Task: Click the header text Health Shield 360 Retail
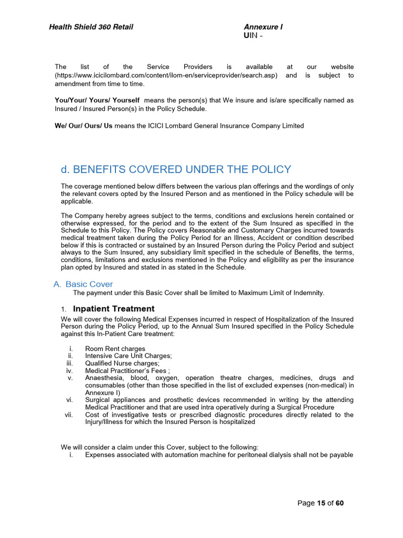[x=91, y=27]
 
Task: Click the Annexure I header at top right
[x=263, y=27]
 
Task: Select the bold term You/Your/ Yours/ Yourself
[x=97, y=100]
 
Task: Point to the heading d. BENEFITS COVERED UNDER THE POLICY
[x=176, y=169]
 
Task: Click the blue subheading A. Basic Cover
[x=83, y=284]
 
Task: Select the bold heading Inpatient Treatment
[x=114, y=308]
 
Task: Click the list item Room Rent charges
[x=115, y=348]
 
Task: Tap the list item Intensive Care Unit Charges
[x=128, y=356]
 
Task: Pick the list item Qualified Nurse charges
[x=122, y=363]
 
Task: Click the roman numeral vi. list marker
[x=69, y=400]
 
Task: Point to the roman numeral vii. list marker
[x=68, y=415]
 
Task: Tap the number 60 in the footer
[x=340, y=503]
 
